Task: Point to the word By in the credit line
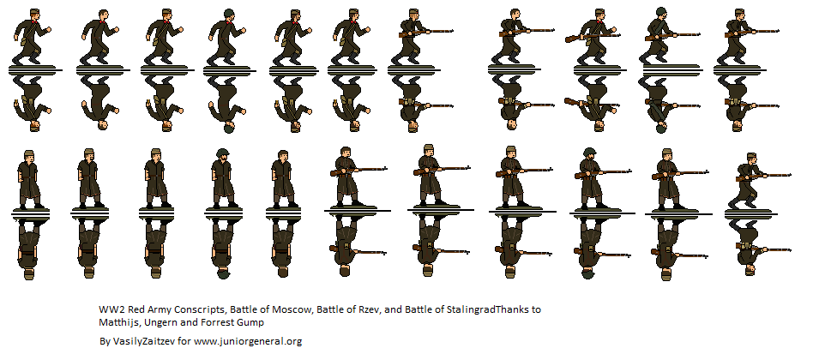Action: click(105, 341)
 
